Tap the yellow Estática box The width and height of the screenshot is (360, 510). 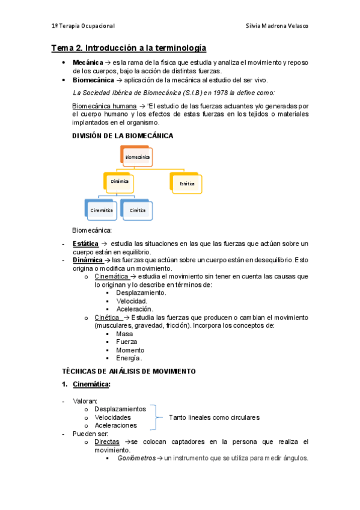click(188, 183)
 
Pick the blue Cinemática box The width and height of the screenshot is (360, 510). click(102, 210)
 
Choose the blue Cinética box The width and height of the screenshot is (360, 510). click(138, 210)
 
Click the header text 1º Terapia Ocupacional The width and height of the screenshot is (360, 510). click(83, 26)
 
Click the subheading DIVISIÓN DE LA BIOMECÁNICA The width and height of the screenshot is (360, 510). click(123, 136)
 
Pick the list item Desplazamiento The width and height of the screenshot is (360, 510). click(141, 292)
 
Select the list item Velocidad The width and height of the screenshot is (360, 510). click(132, 301)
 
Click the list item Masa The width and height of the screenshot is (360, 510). click(124, 334)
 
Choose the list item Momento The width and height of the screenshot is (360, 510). click(130, 350)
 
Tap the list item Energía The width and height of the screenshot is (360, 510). click(129, 358)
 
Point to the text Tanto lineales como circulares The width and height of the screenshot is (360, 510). click(214, 417)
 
